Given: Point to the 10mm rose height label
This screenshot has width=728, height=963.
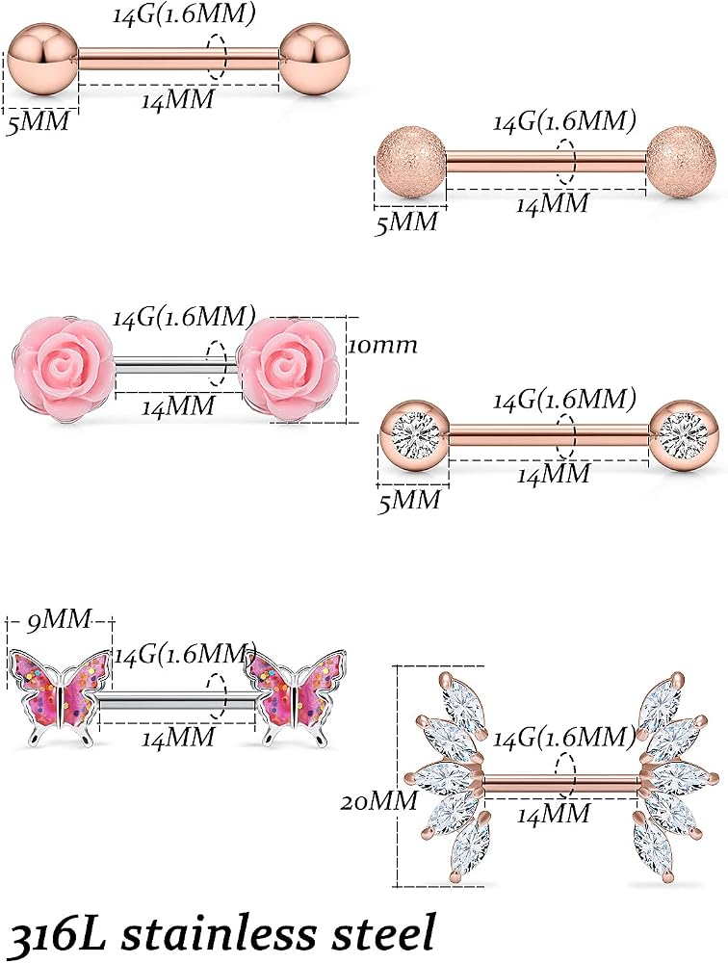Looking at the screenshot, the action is tap(382, 345).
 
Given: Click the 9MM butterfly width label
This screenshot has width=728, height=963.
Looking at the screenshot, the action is tap(59, 618).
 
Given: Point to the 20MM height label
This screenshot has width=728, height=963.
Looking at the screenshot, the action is tap(379, 801).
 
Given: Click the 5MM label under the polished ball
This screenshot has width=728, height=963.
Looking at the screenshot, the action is tap(39, 122).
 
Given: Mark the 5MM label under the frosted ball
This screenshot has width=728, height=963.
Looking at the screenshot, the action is tap(406, 221).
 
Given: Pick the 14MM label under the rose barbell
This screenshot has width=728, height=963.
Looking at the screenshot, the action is tap(179, 406).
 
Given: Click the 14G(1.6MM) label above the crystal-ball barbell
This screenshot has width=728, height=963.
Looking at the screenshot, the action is tap(564, 401).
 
